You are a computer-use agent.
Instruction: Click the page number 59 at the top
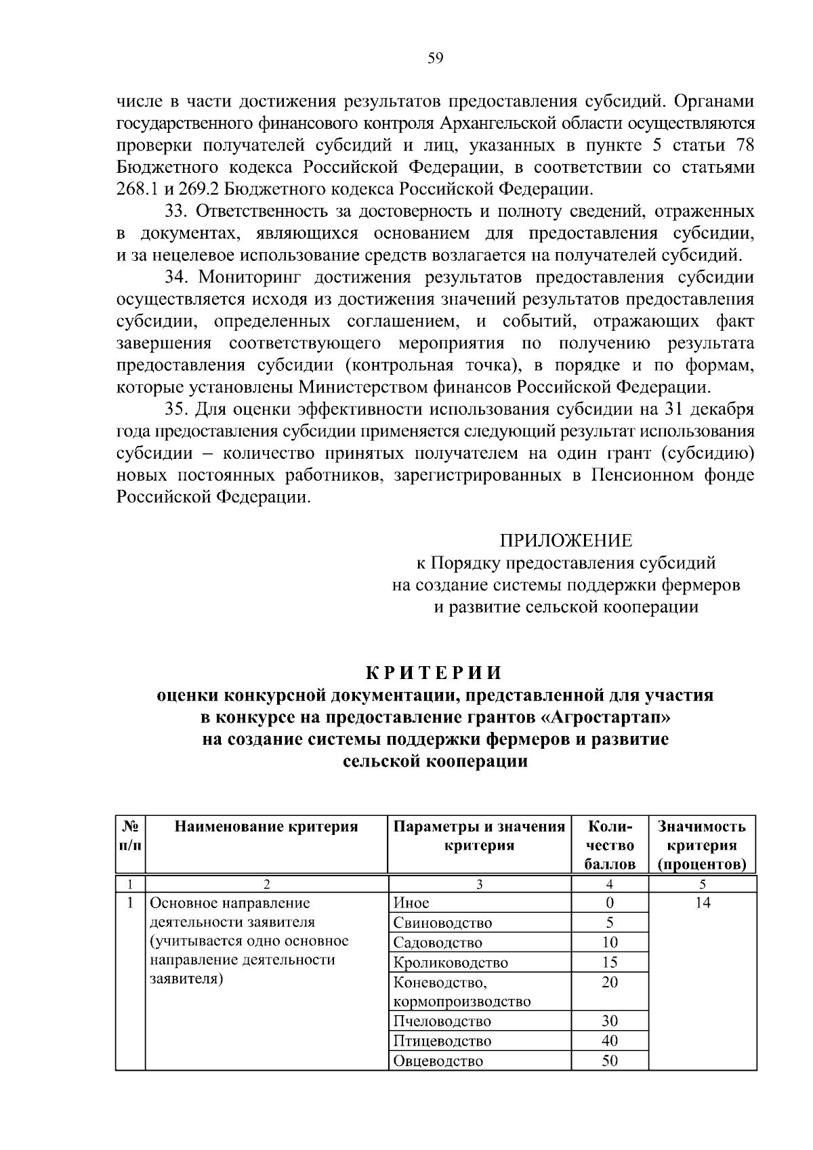pyautogui.click(x=435, y=58)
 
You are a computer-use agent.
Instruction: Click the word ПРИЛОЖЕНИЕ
pyautogui.click(x=566, y=540)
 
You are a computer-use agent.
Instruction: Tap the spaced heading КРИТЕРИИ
pyautogui.click(x=434, y=672)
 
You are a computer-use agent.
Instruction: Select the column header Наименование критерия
pyautogui.click(x=266, y=826)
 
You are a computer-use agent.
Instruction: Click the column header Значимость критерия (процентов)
pyautogui.click(x=702, y=845)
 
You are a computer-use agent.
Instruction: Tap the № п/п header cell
pyautogui.click(x=130, y=836)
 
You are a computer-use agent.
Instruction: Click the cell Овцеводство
pyautogui.click(x=438, y=1061)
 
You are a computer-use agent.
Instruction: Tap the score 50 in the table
pyautogui.click(x=610, y=1061)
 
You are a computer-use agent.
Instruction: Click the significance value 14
pyautogui.click(x=702, y=903)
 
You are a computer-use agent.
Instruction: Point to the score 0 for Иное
pyautogui.click(x=610, y=903)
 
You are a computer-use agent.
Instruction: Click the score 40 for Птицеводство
pyautogui.click(x=610, y=1040)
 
